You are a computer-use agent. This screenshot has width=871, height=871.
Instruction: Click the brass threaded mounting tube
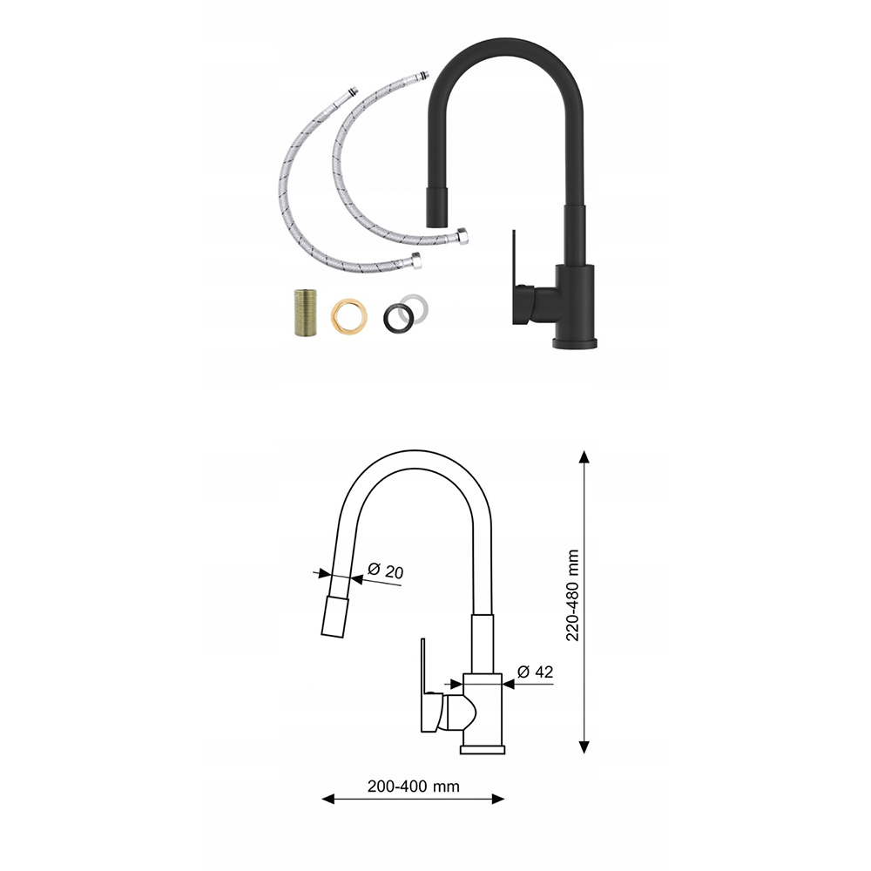point(306,312)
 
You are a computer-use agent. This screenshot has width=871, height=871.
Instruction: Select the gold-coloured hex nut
point(349,316)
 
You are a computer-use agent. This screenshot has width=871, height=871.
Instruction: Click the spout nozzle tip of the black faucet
point(436,206)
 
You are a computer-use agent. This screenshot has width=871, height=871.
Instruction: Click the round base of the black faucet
point(574,342)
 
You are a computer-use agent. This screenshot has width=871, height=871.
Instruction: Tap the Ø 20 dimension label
point(386,571)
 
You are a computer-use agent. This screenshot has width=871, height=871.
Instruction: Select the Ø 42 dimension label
point(535,672)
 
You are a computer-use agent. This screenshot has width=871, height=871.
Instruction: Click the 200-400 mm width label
point(413,787)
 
